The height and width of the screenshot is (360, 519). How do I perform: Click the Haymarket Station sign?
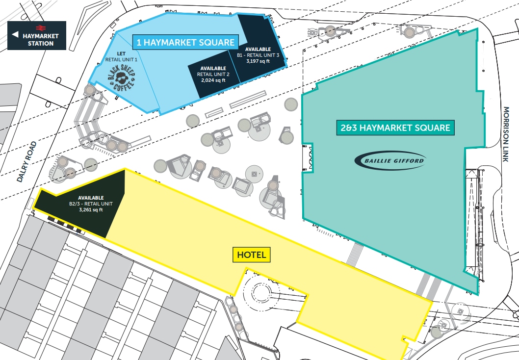37,35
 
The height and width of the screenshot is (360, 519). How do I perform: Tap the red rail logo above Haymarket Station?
41,28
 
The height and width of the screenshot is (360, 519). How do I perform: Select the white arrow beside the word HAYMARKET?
15,35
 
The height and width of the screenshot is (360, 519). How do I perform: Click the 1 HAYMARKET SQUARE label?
185,42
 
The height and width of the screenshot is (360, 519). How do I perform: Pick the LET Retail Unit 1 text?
121,56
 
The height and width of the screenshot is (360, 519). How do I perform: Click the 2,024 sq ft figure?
213,80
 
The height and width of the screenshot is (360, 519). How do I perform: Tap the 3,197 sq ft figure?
258,61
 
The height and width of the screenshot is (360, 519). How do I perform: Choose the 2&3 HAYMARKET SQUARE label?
395,128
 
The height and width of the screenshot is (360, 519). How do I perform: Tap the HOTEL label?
252,255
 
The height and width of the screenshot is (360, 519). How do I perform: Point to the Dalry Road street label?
26,161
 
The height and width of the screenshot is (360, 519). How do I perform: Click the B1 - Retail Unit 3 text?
258,55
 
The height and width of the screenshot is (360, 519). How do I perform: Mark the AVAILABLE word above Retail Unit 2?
213,68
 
